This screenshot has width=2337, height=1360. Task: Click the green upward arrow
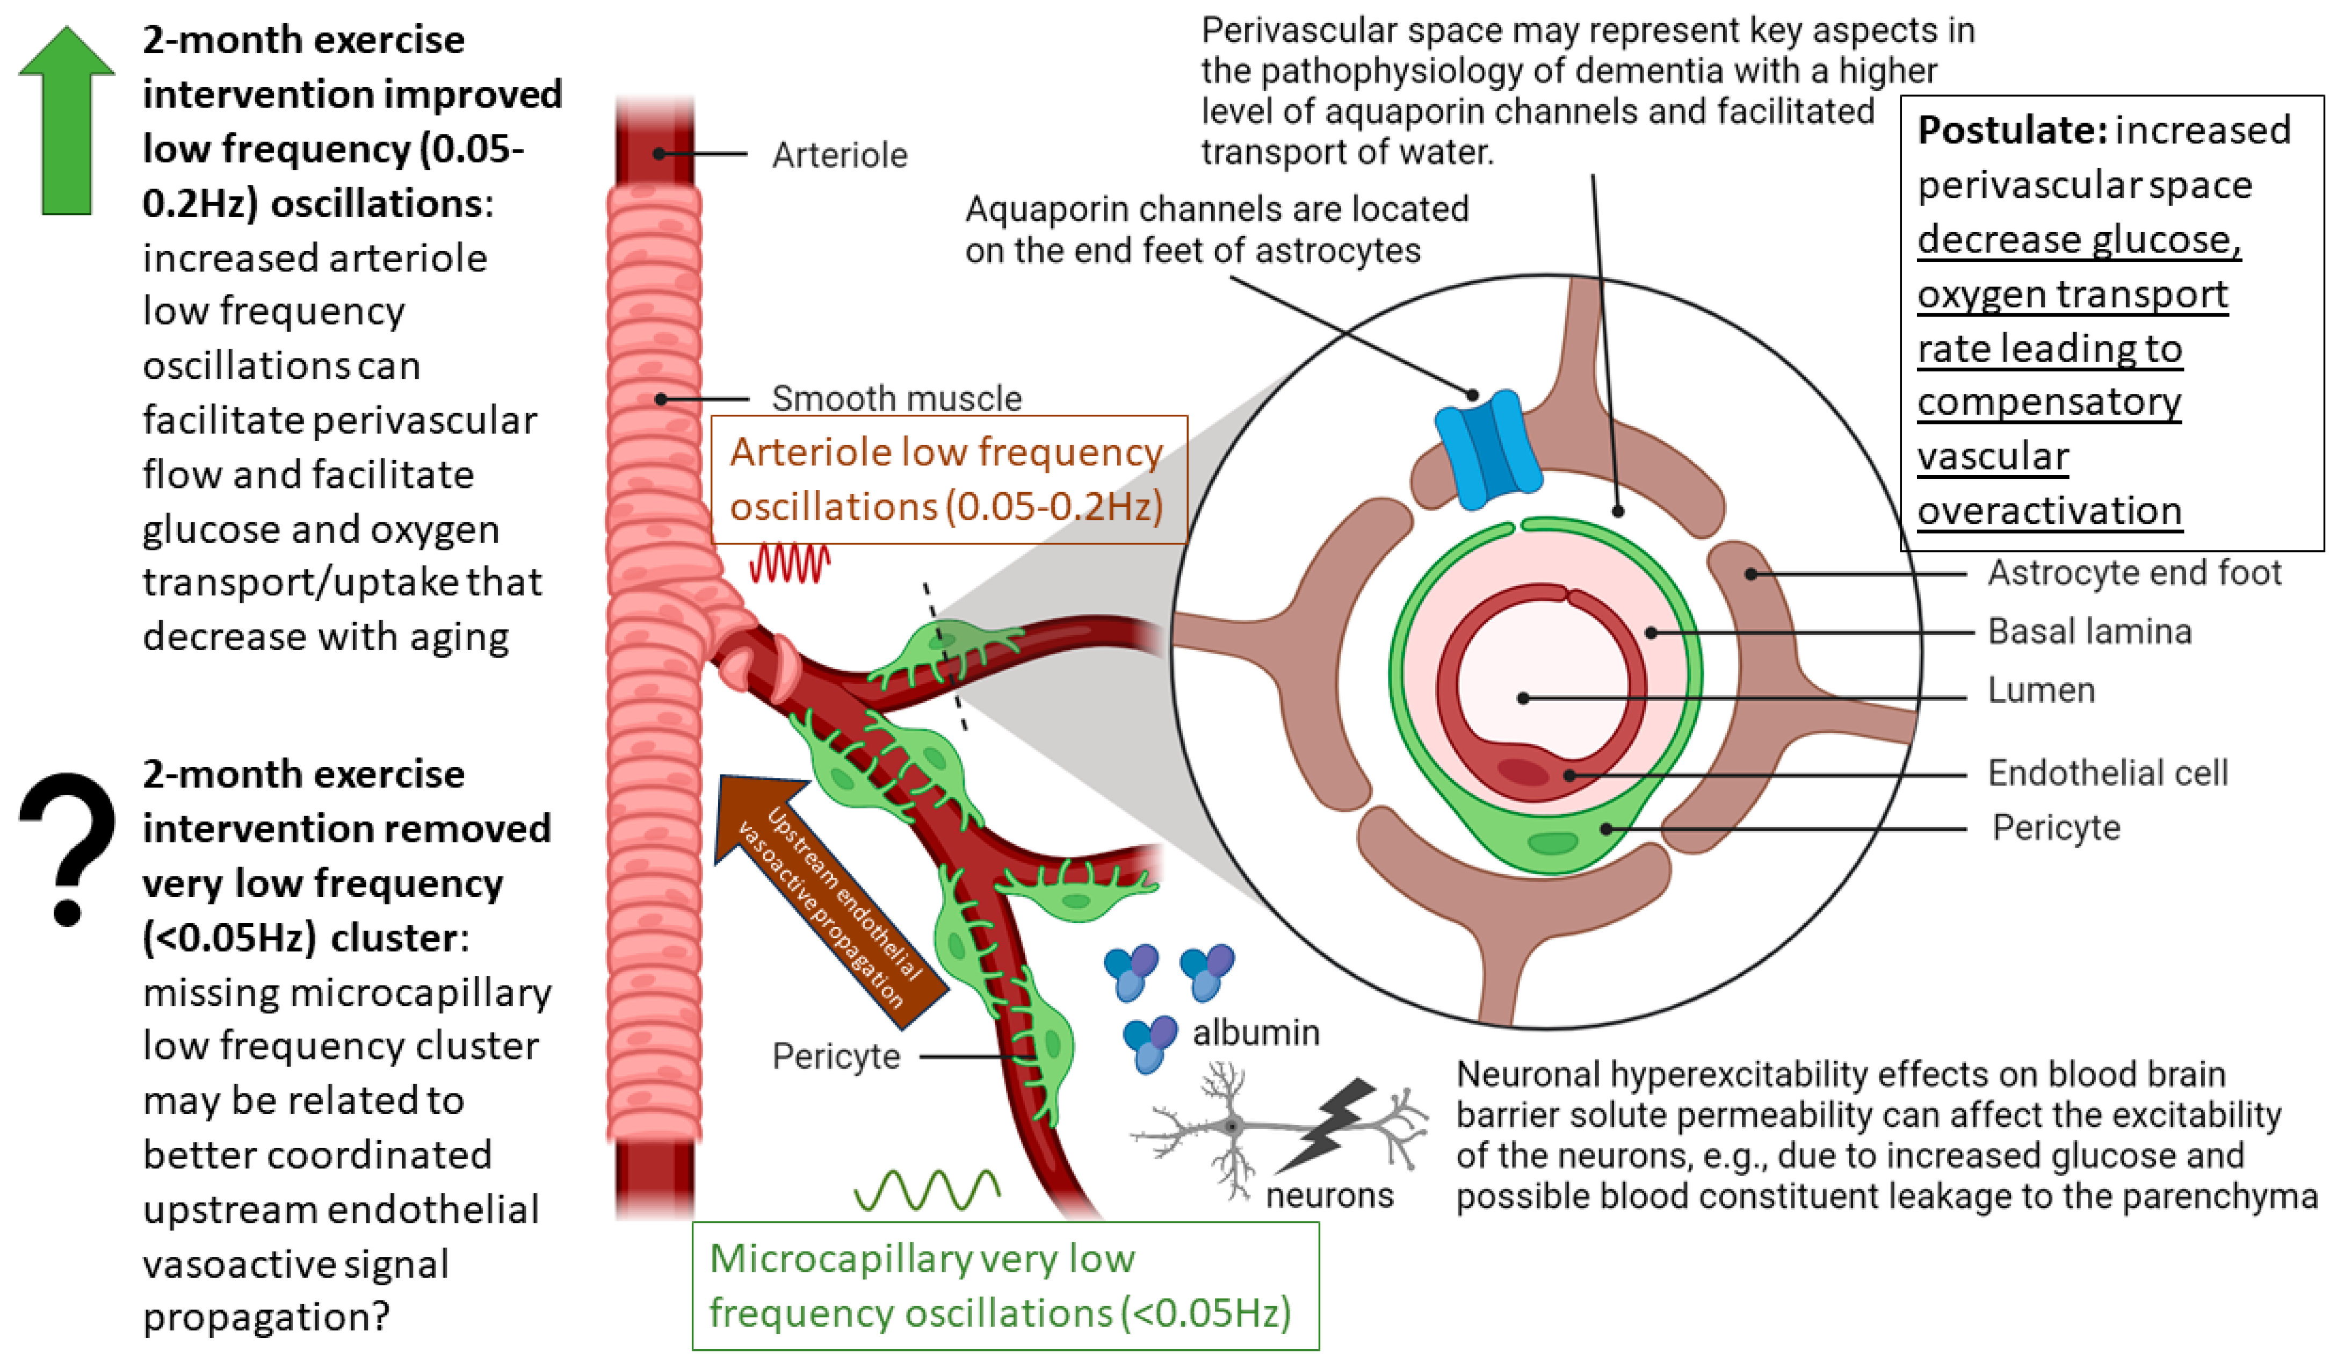pyautogui.click(x=67, y=120)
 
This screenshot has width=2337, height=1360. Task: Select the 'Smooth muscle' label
pyautogui.click(x=896, y=399)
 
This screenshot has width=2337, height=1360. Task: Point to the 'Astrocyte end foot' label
pyautogui.click(x=2133, y=573)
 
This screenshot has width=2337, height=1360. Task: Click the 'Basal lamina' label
pyautogui.click(x=2088, y=632)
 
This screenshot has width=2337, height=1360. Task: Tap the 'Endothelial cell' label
pyautogui.click(x=2107, y=773)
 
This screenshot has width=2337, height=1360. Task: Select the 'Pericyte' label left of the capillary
pyautogui.click(x=836, y=1056)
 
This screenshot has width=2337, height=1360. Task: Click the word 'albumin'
pyautogui.click(x=1255, y=1033)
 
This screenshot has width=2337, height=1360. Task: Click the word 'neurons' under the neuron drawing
pyautogui.click(x=1329, y=1196)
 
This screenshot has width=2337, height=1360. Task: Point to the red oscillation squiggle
pyautogui.click(x=789, y=563)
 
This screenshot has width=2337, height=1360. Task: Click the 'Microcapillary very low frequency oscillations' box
pyautogui.click(x=1004, y=1286)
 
